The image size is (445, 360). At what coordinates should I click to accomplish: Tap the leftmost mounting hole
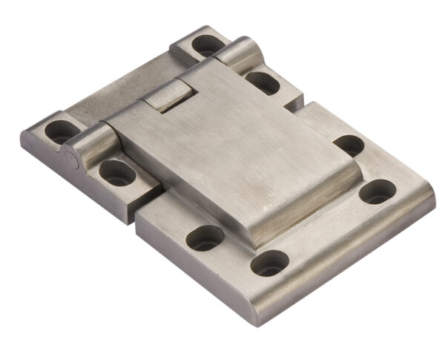[x=61, y=131]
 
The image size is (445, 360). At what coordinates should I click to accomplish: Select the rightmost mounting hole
[x=378, y=192]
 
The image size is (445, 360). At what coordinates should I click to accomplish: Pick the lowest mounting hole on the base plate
[x=269, y=263]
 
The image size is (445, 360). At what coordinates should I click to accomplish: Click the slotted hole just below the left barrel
[x=117, y=172]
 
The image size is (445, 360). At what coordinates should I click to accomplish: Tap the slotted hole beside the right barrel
[x=263, y=82]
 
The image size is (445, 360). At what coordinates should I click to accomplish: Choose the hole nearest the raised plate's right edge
[x=349, y=145]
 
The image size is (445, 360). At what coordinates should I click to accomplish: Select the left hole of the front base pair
[x=205, y=238]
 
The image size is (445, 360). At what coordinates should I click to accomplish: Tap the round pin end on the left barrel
[x=69, y=160]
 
